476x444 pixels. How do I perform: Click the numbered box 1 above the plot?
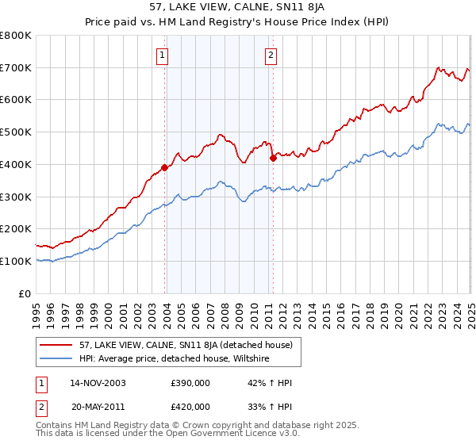[162, 55]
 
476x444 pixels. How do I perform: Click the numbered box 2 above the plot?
[271, 55]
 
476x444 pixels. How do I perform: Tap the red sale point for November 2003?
[164, 167]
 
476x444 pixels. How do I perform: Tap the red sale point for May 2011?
[273, 158]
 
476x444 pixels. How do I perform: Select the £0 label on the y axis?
[25, 293]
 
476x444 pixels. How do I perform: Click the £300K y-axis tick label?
[17, 197]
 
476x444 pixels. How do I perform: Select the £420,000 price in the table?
[190, 406]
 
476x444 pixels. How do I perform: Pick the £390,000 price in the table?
[190, 382]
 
